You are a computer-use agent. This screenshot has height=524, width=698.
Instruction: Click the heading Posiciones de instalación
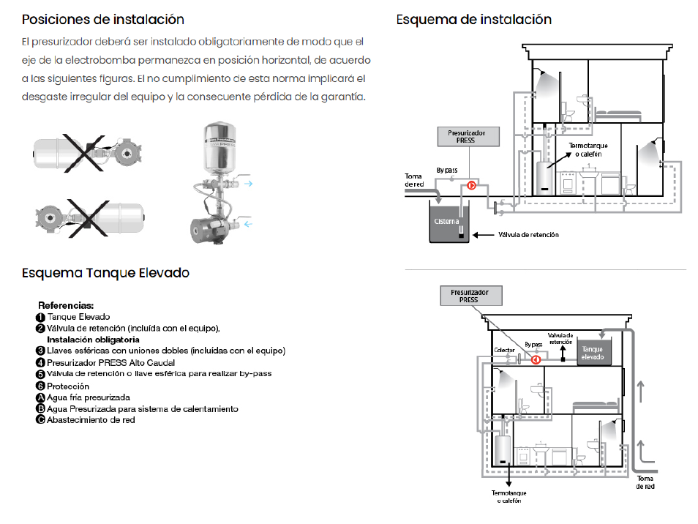point(103,19)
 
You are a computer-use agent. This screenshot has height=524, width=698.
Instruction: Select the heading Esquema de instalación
point(473,19)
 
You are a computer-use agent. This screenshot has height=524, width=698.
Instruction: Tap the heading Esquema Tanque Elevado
point(105,273)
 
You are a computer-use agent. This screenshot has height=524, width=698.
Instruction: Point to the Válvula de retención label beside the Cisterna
point(528,235)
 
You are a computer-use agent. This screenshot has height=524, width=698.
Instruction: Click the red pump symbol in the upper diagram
point(472,185)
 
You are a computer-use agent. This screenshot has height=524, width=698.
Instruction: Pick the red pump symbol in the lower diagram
point(536,359)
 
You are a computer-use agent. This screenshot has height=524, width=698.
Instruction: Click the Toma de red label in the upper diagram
point(414,180)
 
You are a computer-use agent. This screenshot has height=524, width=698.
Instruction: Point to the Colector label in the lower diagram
point(504,351)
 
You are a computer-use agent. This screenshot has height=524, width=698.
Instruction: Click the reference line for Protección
point(68,386)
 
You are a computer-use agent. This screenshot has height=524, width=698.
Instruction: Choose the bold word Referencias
point(66,305)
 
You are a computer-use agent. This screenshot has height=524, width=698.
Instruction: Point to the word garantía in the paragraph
point(339,97)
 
